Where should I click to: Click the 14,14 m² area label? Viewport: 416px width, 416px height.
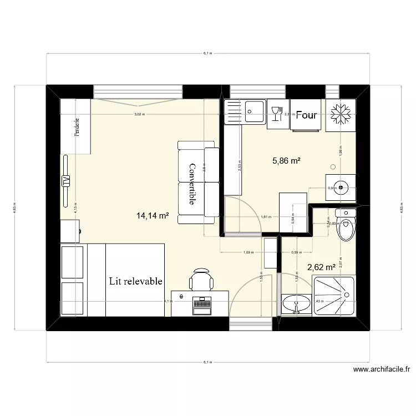[x=153, y=216]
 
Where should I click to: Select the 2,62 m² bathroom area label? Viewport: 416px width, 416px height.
[x=321, y=267]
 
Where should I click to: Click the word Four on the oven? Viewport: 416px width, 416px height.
[x=306, y=115]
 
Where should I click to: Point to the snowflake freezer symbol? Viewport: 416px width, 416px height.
[x=339, y=114]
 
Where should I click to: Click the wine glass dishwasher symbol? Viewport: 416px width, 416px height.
[x=276, y=114]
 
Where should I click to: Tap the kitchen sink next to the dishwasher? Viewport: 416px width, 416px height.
[x=254, y=114]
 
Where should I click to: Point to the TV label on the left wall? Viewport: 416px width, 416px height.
[x=66, y=181]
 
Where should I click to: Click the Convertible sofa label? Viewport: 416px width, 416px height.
[x=192, y=184]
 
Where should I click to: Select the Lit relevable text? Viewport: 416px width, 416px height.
[x=136, y=281]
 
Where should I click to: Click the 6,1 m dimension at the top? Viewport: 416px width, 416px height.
[x=208, y=53]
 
